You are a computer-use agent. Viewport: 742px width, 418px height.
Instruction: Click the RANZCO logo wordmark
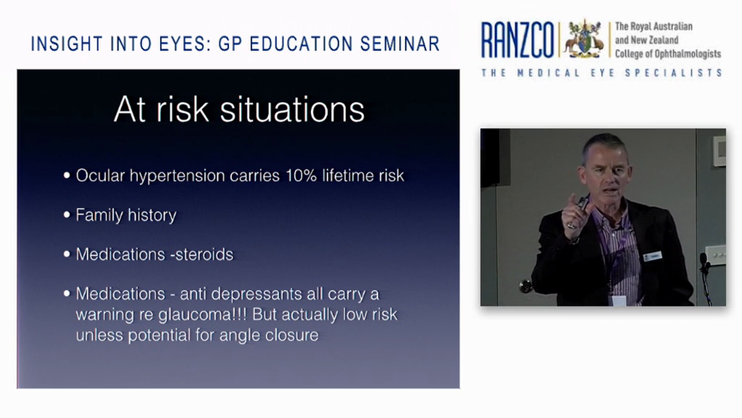click(x=518, y=40)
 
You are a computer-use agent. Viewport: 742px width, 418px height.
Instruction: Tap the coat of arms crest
click(x=584, y=39)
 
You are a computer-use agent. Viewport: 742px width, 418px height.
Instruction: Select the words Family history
click(x=126, y=215)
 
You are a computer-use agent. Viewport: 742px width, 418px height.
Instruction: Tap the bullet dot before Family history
click(x=67, y=215)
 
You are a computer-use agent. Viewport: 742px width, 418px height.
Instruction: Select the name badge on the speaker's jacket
click(x=653, y=256)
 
